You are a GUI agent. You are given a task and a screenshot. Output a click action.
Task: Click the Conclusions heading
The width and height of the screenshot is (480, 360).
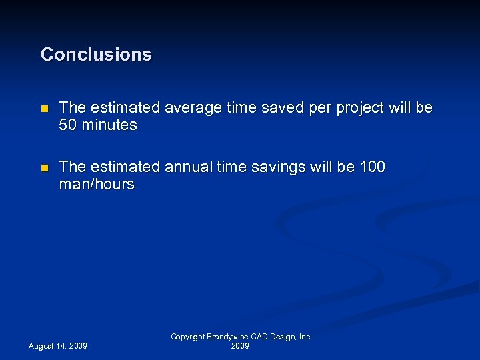(96, 55)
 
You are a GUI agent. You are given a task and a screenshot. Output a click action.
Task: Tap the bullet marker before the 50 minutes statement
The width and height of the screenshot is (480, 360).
(44, 108)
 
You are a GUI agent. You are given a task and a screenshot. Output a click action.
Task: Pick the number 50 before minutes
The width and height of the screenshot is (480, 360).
(68, 125)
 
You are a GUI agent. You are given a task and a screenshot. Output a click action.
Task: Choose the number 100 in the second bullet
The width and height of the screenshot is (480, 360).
(372, 167)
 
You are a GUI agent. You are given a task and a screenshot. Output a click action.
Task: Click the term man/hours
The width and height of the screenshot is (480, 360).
(97, 185)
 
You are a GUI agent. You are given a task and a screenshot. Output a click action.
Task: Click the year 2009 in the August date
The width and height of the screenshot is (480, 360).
(77, 346)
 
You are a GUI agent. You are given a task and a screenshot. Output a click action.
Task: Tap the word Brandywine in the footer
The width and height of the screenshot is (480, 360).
(229, 337)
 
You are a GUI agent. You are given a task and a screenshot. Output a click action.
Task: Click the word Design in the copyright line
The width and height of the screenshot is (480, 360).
(283, 337)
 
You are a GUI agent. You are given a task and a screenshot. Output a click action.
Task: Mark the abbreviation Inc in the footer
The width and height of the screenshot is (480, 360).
(305, 337)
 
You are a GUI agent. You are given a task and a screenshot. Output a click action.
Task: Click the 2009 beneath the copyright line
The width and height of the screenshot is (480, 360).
(240, 346)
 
